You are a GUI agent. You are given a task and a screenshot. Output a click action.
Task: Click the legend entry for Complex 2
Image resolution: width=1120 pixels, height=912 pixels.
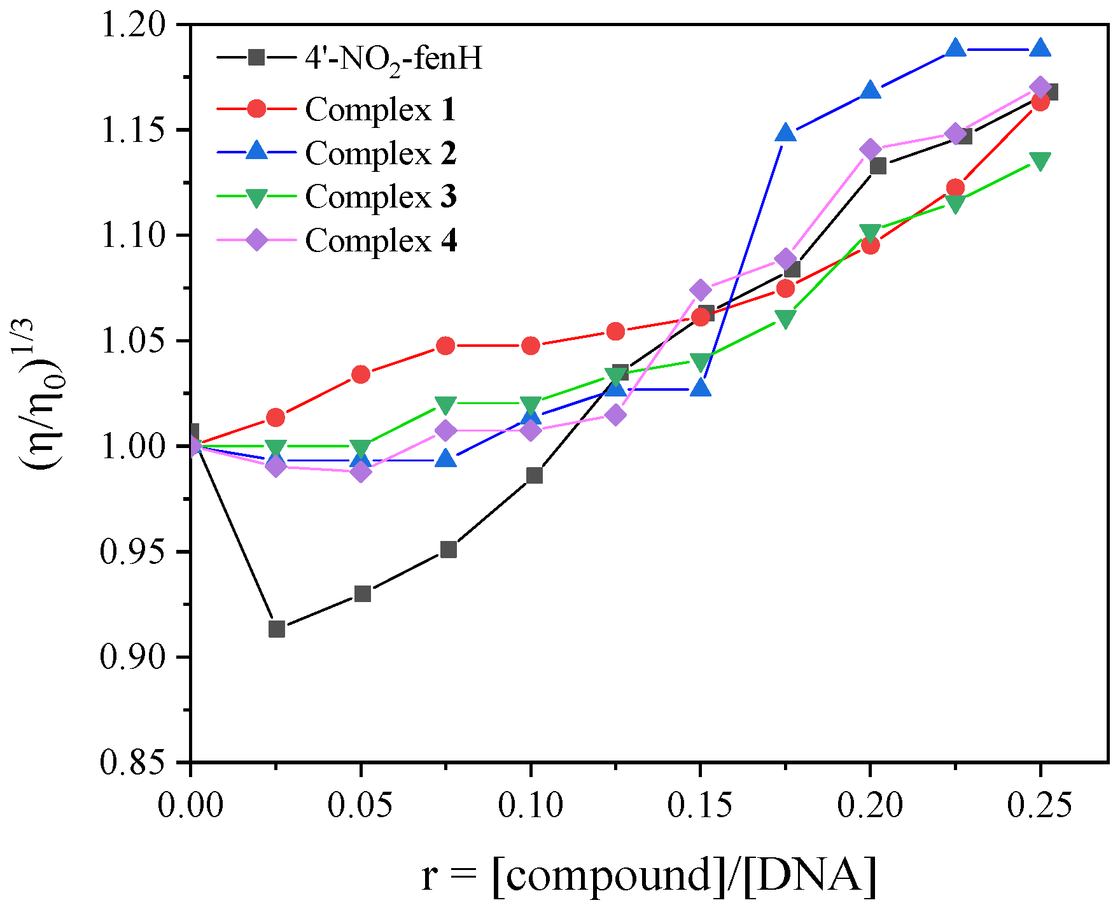coord(381,153)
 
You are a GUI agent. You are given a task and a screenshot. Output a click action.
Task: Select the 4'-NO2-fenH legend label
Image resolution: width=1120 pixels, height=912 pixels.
coord(393,59)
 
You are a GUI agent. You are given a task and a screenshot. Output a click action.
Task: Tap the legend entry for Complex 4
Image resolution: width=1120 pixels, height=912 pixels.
coord(381,241)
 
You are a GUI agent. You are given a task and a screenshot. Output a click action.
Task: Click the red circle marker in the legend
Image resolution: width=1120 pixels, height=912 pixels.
coord(256,109)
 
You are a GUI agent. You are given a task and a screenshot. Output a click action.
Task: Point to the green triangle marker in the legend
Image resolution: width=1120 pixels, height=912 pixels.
coord(256,197)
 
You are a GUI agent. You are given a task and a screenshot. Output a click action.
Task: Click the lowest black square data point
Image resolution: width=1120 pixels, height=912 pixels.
coord(276,629)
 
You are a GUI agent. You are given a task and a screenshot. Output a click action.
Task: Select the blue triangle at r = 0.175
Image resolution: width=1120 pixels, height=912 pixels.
coord(786,133)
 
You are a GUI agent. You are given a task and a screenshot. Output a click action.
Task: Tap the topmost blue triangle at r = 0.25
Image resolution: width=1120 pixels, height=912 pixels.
coord(1040,48)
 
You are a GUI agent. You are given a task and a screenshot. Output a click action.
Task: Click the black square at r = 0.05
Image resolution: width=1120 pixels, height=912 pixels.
coord(362,594)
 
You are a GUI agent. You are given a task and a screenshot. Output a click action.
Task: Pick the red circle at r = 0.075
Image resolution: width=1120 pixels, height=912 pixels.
coord(446,346)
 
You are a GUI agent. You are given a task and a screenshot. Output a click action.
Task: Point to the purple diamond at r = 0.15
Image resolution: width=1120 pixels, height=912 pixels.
coord(700,290)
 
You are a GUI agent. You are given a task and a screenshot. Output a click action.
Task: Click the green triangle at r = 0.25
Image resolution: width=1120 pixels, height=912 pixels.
coord(1040,162)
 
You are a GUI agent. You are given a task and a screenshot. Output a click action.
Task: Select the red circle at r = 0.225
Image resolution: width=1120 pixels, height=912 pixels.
coord(955,187)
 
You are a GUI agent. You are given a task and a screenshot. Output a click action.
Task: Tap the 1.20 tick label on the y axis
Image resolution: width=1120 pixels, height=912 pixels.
coord(132,25)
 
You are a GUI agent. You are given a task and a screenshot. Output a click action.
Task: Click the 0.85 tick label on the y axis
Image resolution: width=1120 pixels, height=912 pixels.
coord(132,762)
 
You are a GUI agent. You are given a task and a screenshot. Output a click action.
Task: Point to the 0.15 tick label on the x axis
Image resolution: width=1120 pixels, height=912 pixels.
coord(700,806)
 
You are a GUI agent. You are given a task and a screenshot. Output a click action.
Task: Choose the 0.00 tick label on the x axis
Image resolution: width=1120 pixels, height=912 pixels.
coord(190,806)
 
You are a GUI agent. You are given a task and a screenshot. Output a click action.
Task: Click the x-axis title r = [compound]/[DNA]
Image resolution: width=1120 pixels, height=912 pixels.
coord(649,875)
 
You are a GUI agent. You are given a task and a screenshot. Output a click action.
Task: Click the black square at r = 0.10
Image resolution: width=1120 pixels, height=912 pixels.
coord(534,475)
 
